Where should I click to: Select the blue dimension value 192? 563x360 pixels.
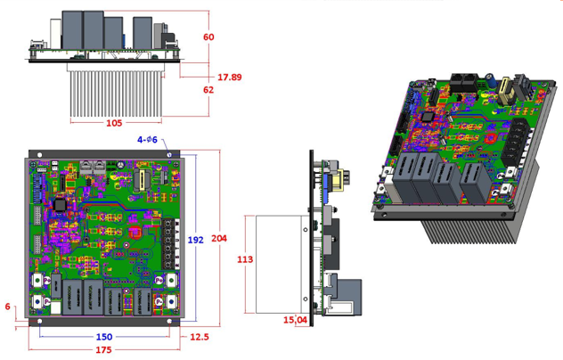tap(196, 240)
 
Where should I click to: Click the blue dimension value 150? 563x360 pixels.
tap(104, 337)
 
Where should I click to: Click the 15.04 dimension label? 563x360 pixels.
tap(295, 320)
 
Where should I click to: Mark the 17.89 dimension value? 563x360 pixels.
tap(231, 77)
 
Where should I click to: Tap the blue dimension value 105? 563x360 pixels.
tap(113, 123)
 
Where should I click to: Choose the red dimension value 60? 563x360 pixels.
tap(208, 37)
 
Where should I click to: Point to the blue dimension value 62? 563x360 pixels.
tap(208, 89)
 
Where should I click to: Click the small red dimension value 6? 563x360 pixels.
tap(8, 307)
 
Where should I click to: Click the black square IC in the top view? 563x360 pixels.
tap(61, 203)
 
